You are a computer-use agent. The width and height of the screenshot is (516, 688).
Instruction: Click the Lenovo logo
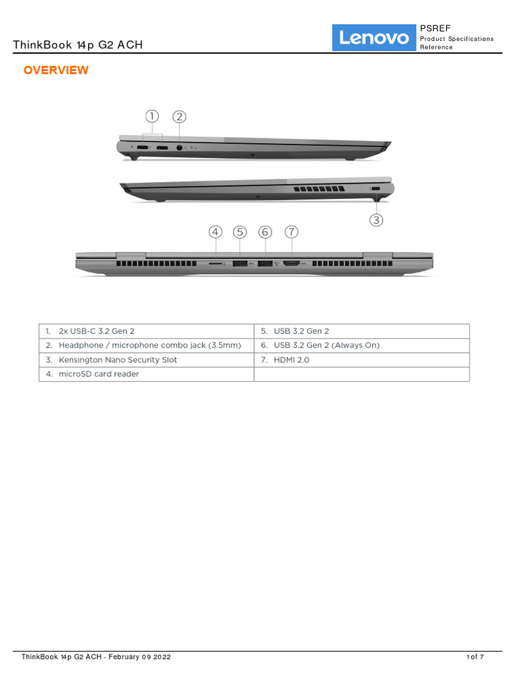pyautogui.click(x=374, y=38)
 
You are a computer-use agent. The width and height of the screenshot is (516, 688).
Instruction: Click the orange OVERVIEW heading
pyautogui.click(x=56, y=71)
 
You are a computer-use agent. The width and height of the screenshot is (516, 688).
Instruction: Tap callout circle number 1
pyautogui.click(x=153, y=117)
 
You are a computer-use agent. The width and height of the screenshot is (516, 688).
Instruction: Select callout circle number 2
pyautogui.click(x=179, y=117)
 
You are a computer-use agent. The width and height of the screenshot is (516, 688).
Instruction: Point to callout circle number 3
pyautogui.click(x=376, y=220)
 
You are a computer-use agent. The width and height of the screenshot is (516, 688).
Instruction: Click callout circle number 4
pyautogui.click(x=215, y=232)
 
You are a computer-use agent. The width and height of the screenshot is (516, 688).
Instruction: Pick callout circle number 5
pyautogui.click(x=240, y=232)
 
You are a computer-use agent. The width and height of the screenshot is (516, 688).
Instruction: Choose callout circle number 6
pyautogui.click(x=265, y=232)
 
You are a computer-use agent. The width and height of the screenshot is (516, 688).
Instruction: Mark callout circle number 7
pyautogui.click(x=291, y=232)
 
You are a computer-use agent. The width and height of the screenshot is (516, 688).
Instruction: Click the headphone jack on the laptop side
pyautogui.click(x=179, y=147)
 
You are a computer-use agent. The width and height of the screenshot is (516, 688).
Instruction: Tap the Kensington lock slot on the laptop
pyautogui.click(x=376, y=189)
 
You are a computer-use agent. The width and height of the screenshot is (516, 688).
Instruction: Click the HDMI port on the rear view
pyautogui.click(x=292, y=263)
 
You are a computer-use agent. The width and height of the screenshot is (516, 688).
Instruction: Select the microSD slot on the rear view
pyautogui.click(x=215, y=264)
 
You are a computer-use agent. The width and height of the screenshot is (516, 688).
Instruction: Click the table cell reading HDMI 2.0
pyautogui.click(x=292, y=360)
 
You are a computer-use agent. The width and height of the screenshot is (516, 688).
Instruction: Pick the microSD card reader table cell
pyautogui.click(x=99, y=374)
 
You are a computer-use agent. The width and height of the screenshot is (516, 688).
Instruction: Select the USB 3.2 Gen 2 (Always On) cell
pyautogui.click(x=327, y=345)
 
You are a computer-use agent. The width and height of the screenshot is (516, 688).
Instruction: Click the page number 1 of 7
pyautogui.click(x=475, y=657)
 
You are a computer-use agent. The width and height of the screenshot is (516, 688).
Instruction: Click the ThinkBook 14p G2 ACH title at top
pyautogui.click(x=78, y=45)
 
